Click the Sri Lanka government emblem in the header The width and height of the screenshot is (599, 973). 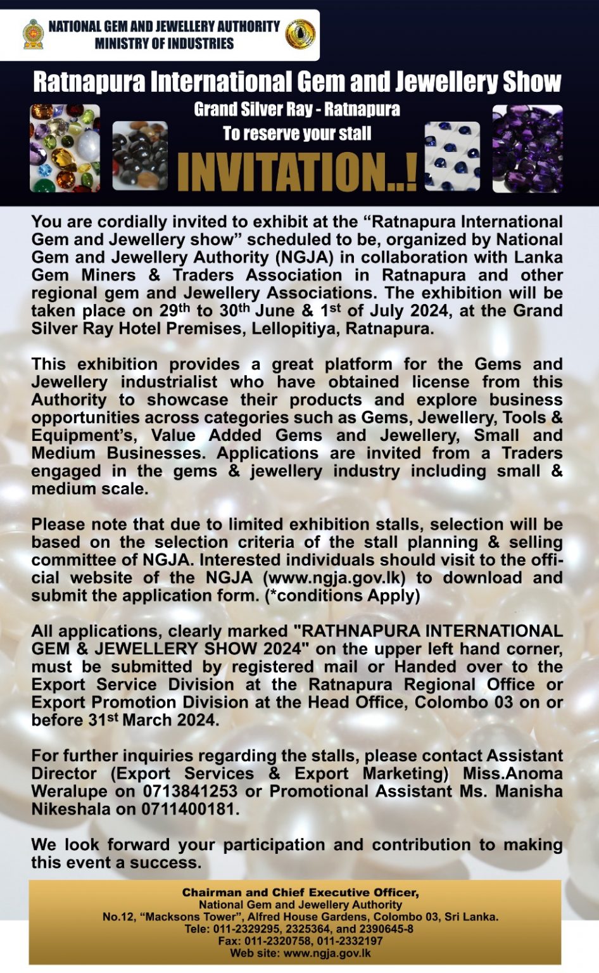point(33,34)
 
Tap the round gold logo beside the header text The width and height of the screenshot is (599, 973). point(300,34)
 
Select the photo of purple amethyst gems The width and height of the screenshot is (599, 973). point(527,149)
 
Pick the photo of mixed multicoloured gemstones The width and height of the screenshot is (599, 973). point(65,148)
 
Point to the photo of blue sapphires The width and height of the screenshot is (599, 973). point(452,156)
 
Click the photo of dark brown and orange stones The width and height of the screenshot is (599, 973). point(140,156)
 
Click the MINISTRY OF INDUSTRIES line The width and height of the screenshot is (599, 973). point(164,44)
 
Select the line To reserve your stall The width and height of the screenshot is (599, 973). point(297,134)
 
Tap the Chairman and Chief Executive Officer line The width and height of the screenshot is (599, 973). point(300,893)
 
